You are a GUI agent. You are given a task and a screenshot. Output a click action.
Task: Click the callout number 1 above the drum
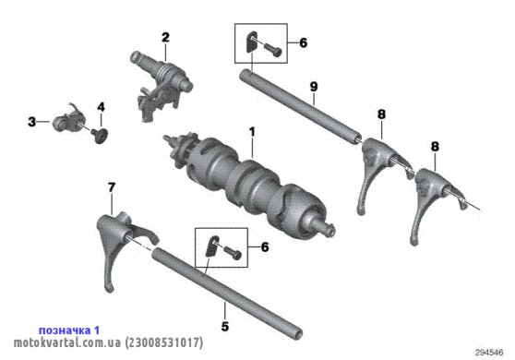[252, 132]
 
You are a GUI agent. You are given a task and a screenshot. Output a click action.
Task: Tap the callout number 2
[165, 37]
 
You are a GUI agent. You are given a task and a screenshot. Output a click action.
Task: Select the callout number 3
[32, 122]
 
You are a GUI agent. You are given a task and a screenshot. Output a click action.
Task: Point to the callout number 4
[101, 107]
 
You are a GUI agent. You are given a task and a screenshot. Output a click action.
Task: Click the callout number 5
[225, 327]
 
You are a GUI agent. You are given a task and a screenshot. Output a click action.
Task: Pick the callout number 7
[112, 187]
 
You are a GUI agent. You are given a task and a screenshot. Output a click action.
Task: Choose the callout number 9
[314, 87]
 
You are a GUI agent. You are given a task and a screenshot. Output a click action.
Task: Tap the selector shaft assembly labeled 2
[161, 86]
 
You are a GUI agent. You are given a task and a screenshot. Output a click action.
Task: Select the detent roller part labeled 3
[69, 121]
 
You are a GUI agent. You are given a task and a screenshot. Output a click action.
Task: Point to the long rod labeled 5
[227, 293]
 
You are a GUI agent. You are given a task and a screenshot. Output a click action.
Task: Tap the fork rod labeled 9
[301, 106]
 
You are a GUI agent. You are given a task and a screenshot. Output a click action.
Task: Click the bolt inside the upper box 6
[273, 49]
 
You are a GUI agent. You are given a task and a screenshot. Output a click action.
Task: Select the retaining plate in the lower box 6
[211, 246]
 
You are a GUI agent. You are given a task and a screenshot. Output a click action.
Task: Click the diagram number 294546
[489, 353]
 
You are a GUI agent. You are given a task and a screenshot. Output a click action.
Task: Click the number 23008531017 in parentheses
[164, 342]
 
